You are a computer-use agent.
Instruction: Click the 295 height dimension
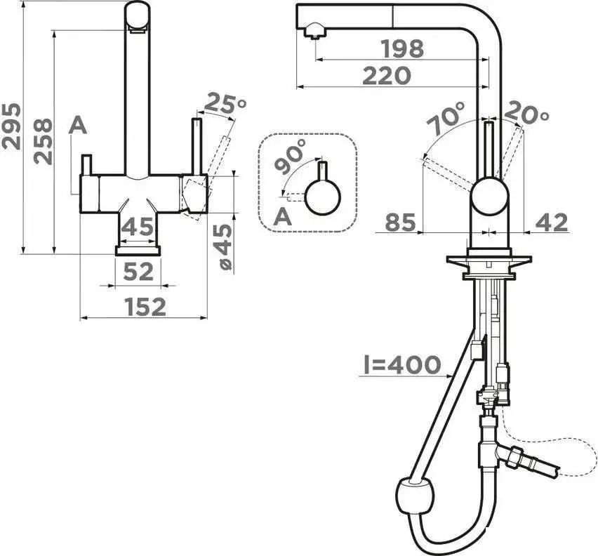point(11,126)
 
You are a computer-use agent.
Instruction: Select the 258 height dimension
point(42,142)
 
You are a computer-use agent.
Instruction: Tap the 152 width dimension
point(146,307)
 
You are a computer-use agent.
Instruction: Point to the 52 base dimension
point(138,272)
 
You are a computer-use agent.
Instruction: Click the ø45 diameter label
point(225,246)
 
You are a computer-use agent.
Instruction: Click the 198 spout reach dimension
point(403,48)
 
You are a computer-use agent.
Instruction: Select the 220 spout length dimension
point(387,76)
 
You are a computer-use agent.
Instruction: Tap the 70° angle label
point(446,119)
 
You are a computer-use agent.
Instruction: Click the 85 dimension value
point(400,223)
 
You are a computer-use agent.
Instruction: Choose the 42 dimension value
point(552,223)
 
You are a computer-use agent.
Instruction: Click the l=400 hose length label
point(402,364)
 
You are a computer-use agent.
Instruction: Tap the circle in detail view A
point(322,196)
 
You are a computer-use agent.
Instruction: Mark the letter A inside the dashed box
point(283,217)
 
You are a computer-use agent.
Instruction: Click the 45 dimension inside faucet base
point(138,227)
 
